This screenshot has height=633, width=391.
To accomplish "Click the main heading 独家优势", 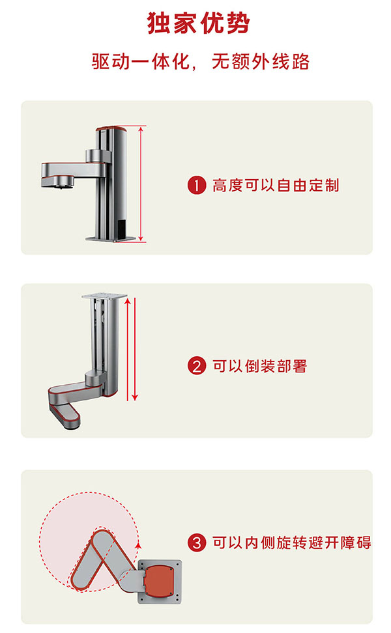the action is click(198, 23).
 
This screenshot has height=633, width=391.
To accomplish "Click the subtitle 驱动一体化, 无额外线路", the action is click(200, 62).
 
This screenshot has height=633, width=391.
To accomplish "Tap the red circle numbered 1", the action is click(197, 186).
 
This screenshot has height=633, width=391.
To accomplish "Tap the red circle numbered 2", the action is click(197, 366).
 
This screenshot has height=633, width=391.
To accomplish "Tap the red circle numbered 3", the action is click(197, 542).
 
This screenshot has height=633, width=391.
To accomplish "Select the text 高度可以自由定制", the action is click(276, 186).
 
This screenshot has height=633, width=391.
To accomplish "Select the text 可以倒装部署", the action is click(260, 366).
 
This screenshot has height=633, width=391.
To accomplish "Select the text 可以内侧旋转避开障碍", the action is click(292, 542).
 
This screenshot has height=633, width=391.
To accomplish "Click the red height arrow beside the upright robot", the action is click(141, 184).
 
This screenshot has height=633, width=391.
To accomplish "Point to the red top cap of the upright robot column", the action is click(111, 129).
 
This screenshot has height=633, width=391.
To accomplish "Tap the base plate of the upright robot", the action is click(110, 239).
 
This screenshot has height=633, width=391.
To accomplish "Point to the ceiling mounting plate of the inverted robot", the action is click(104, 296).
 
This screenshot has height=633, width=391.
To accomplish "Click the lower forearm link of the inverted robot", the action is click(65, 415).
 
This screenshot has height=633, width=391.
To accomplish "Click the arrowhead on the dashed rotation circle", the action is click(138, 545).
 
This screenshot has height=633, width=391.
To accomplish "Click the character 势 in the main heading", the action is click(237, 23).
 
